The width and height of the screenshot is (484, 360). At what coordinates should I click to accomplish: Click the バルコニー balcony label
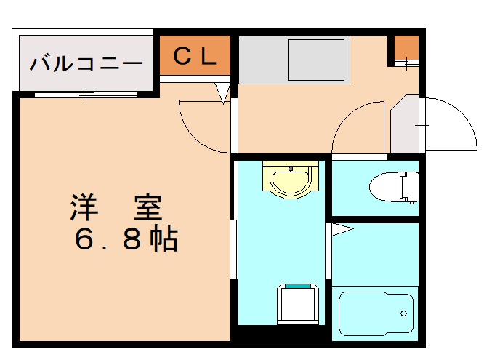click(86, 63)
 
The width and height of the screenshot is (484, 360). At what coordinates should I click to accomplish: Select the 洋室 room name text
click(116, 209)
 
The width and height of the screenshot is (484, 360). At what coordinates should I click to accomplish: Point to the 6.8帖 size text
click(126, 239)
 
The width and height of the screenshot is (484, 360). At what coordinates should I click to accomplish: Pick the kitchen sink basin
click(316, 60)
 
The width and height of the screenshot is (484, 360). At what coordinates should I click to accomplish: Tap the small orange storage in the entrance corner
click(408, 49)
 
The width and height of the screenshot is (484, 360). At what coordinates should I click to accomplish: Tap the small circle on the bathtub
click(403, 314)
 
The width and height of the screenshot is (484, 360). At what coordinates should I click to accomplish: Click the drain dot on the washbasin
click(291, 170)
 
